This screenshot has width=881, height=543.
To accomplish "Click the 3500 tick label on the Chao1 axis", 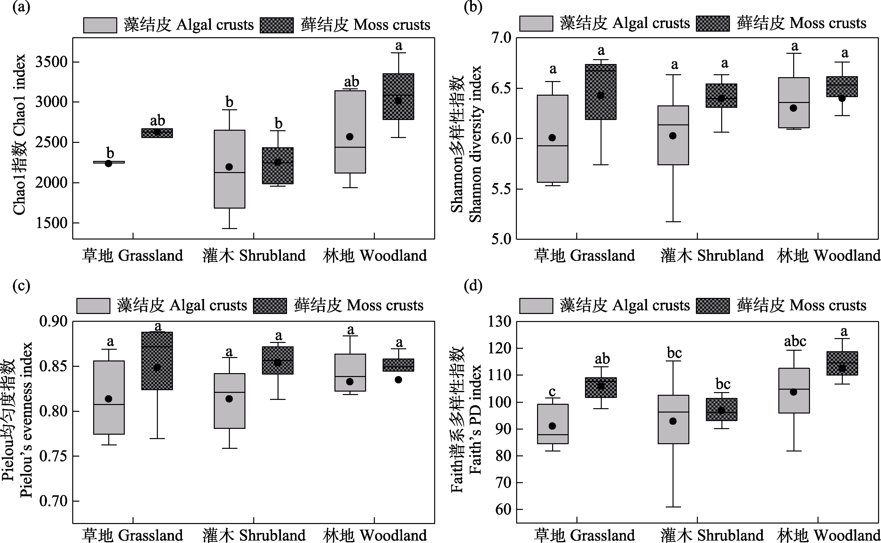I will [51, 62].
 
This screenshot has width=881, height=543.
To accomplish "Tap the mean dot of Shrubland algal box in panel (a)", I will [229, 167].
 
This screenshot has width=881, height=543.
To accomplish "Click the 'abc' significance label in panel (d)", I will [795, 341].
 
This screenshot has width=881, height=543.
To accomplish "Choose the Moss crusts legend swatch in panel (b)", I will [713, 24].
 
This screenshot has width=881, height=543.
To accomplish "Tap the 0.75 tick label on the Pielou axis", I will [53, 456].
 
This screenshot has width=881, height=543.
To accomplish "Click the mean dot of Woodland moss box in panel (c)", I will [398, 380].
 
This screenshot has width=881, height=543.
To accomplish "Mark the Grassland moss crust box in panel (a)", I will [157, 133].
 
